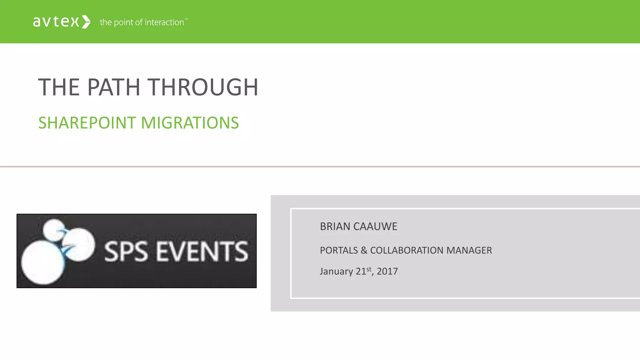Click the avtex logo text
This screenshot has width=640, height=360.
[56, 22]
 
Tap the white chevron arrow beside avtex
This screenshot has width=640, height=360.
[86, 22]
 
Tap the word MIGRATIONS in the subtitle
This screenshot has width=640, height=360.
[190, 123]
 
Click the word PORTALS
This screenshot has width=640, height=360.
[339, 250]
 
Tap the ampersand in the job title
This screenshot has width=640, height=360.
[364, 250]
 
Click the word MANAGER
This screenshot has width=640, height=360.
[469, 250]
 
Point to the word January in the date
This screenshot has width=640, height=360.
[336, 271]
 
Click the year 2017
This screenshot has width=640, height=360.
[387, 271]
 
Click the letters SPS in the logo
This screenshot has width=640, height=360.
[126, 252]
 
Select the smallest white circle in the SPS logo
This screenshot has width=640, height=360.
[54, 229]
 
